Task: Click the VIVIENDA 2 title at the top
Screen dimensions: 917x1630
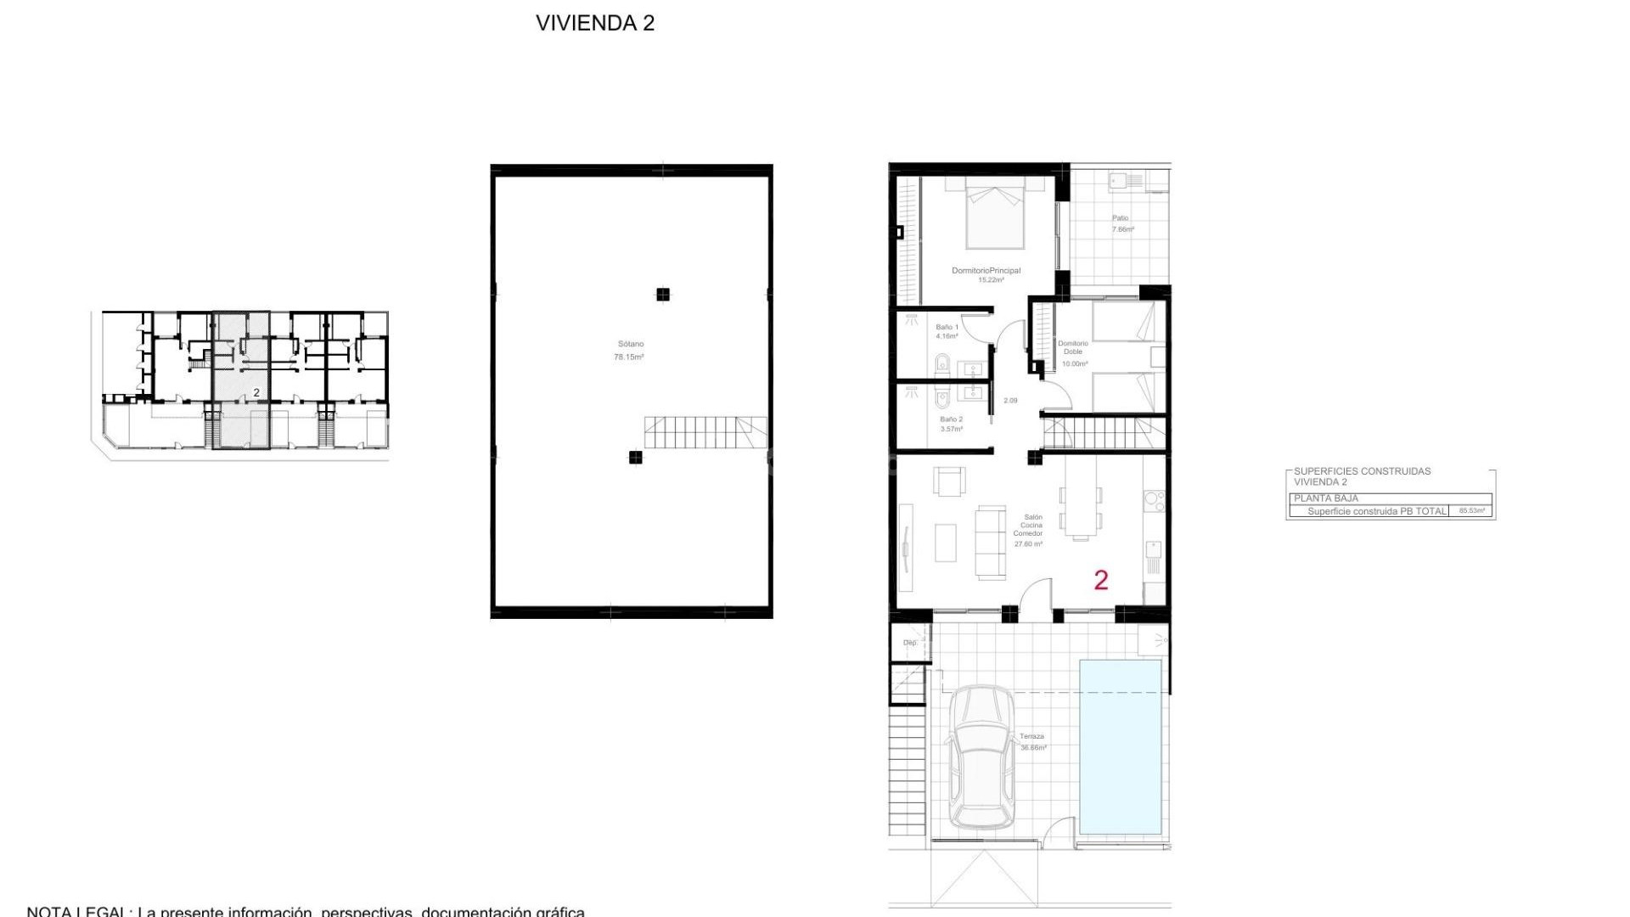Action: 594,23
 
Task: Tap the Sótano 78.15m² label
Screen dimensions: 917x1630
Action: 629,351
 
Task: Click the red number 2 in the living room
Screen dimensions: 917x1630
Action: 1101,580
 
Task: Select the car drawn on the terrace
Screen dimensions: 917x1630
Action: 981,757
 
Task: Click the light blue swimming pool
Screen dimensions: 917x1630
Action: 1120,747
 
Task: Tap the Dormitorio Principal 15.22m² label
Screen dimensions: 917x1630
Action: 986,275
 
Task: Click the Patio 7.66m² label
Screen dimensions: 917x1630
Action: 1122,223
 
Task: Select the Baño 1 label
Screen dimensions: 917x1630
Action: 947,331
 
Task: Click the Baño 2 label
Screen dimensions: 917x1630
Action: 951,424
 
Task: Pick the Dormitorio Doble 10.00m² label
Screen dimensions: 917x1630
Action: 1073,353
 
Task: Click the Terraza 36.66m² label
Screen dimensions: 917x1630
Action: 1032,742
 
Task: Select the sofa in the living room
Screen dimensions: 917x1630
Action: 990,543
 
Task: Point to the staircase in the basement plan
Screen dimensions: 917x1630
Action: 705,432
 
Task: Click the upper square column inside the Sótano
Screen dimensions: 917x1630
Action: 663,295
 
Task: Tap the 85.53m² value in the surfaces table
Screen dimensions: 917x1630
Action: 1471,511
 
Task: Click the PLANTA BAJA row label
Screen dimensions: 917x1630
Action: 1326,498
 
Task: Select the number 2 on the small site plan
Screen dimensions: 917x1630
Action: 256,392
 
